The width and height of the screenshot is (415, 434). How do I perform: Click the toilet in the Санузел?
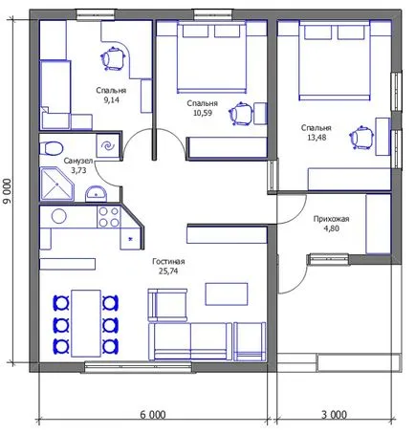click(x=51, y=148)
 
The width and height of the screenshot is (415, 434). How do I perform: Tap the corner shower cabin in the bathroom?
click(x=56, y=184)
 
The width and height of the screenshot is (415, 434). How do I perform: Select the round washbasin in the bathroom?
click(x=96, y=194)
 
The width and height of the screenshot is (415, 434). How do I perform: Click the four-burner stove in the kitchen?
click(x=109, y=217)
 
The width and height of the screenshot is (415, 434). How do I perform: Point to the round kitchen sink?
click(x=59, y=217)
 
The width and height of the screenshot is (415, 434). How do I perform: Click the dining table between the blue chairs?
click(x=86, y=323)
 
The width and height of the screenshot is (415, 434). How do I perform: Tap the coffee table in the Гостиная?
click(x=227, y=294)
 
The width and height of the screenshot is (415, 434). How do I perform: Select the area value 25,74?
click(x=168, y=271)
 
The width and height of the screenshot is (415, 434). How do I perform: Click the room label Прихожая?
click(x=331, y=219)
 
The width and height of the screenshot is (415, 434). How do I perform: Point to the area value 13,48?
click(x=317, y=138)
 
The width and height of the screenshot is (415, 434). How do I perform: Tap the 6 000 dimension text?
click(x=153, y=415)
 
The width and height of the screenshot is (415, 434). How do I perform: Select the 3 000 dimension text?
click(x=334, y=415)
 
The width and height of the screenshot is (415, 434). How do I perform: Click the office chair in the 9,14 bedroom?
click(x=113, y=59)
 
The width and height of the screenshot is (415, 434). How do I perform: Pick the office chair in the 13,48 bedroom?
click(x=362, y=138)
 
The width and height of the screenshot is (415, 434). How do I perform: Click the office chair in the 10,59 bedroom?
click(x=241, y=114)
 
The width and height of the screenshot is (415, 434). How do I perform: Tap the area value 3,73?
click(x=78, y=170)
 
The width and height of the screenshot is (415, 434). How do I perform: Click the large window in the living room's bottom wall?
click(x=139, y=367)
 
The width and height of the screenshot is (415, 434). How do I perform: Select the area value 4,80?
click(x=332, y=228)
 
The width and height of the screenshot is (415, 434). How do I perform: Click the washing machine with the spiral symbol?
click(x=108, y=145)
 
